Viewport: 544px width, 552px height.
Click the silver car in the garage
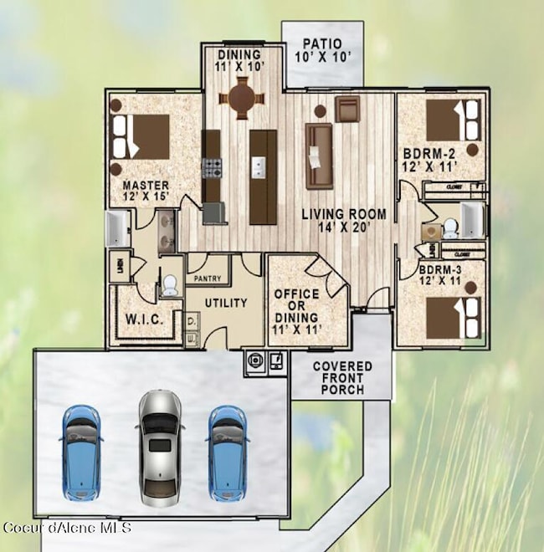pyautogui.click(x=161, y=446)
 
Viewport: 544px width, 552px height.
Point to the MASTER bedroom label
pyautogui.click(x=146, y=191)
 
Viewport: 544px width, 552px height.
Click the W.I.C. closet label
pyautogui.click(x=145, y=318)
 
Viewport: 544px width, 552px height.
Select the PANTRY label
pyautogui.click(x=208, y=278)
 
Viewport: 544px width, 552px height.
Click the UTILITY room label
pyautogui.click(x=224, y=303)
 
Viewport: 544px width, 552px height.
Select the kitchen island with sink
pyautogui.click(x=262, y=176)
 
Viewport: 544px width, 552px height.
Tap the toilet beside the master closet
pyautogui.click(x=169, y=286)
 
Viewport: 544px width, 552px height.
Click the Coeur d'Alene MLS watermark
pyautogui.click(x=67, y=528)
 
